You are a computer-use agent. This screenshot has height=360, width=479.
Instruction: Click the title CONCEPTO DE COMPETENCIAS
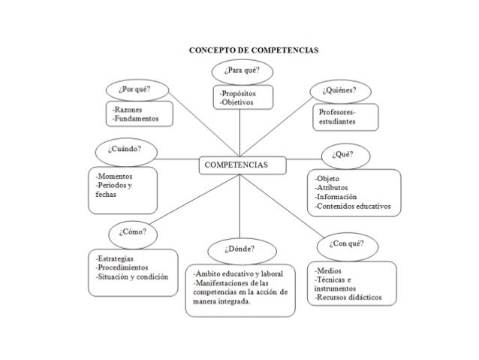[x=253, y=50]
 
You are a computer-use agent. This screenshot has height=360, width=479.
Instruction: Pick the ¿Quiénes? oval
[x=340, y=91]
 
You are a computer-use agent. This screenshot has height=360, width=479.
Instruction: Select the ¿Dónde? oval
[x=239, y=247]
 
